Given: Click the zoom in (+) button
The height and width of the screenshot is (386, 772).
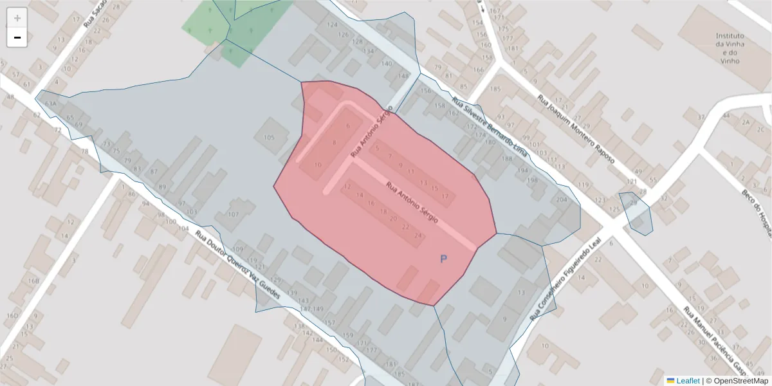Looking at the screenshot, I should coord(17,18).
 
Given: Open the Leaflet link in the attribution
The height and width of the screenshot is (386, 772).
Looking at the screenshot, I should coord(687,381).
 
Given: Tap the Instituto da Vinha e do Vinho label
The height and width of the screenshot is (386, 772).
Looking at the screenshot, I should coord(730,48).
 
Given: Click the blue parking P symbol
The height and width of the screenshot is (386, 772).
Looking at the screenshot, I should coord(443,259).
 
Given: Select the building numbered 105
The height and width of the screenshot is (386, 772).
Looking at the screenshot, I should coord(269,138).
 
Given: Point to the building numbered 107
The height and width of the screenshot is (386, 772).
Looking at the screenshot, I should coord(234,214).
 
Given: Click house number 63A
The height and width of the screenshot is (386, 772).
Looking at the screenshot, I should coord(50,104).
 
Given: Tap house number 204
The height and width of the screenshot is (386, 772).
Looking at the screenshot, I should coord(562,200).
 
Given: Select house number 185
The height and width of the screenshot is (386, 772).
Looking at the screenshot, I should coord(495,88).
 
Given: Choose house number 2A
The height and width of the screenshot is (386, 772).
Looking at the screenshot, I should coord(746,122).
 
